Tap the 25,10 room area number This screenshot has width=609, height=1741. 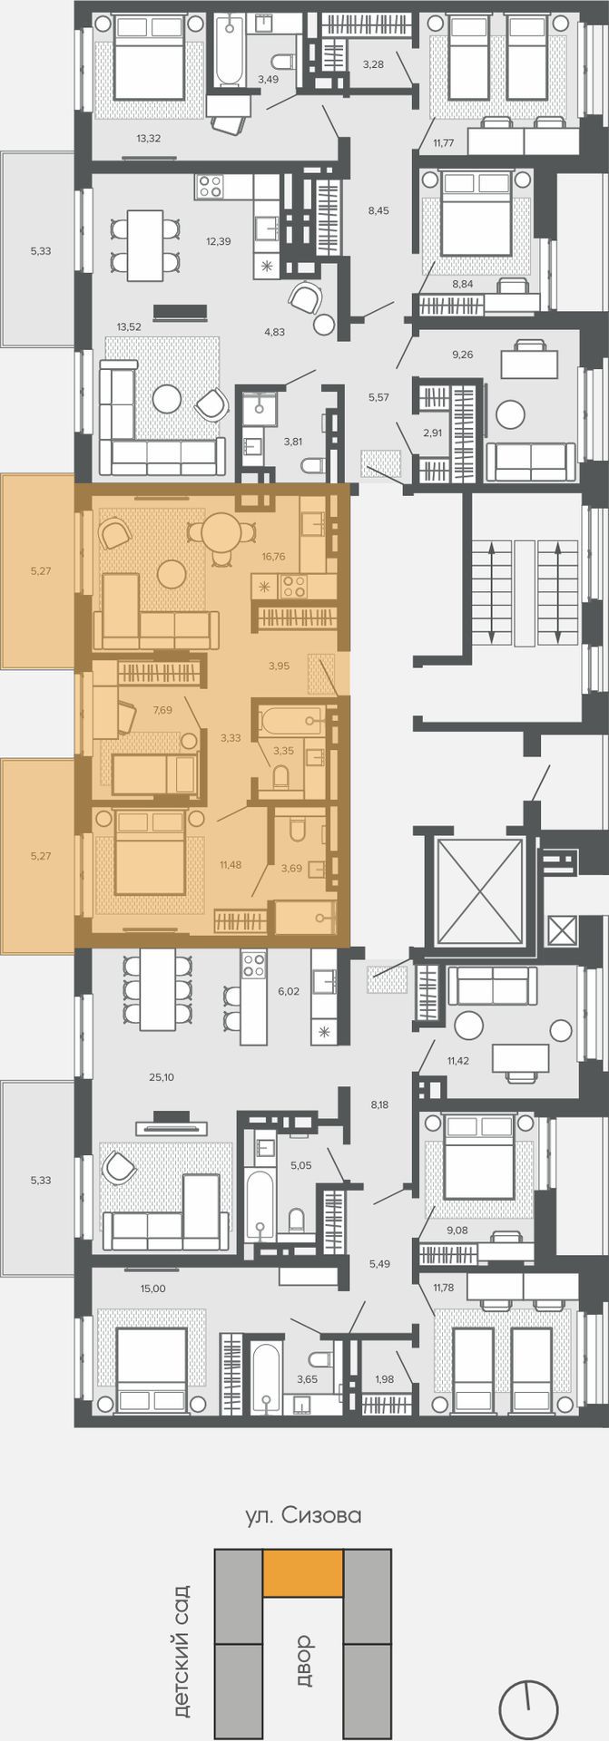pos(162,1077)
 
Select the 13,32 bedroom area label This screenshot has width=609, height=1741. pos(149,139)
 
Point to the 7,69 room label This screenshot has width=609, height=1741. pos(162,710)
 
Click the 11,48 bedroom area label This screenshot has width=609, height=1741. pos(231,864)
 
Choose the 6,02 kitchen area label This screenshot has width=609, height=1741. pos(288,992)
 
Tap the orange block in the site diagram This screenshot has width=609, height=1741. pos(303,1573)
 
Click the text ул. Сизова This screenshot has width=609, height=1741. pos(303,1515)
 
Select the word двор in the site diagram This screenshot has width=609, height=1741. pos(303,1660)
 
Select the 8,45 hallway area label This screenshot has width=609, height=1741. pos(378,210)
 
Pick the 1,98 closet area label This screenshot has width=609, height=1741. pos(385,1379)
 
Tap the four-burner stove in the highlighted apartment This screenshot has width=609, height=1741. pos(294,586)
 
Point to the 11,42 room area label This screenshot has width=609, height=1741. pos(462,1059)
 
